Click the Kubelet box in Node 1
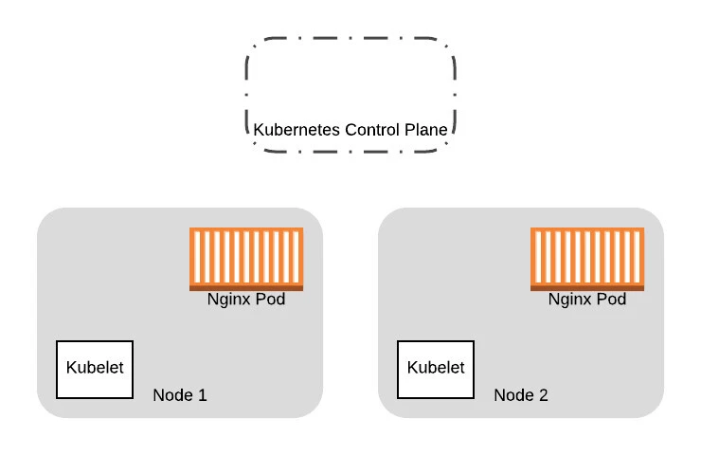(95, 369)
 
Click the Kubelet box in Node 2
(436, 369)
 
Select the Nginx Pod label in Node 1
(246, 300)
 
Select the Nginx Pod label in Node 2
(587, 300)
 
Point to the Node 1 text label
(180, 394)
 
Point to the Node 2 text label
(521, 394)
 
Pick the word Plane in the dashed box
(426, 128)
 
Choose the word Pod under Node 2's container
(611, 300)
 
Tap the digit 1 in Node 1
(202, 394)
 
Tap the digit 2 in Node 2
(543, 394)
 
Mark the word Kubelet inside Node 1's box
(95, 368)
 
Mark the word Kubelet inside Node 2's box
(436, 368)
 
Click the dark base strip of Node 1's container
(246, 287)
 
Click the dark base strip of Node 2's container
(587, 287)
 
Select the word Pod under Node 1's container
(270, 300)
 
